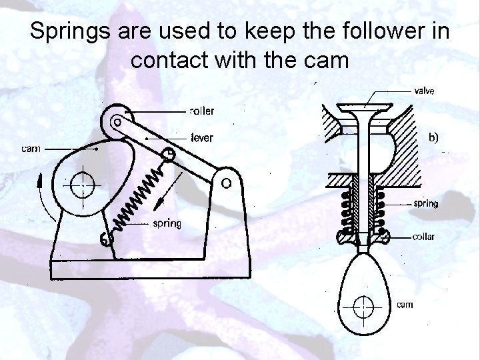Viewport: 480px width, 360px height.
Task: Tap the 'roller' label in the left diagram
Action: pos(202,111)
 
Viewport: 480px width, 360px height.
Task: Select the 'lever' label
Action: pos(201,137)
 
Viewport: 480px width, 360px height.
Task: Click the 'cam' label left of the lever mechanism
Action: pos(29,149)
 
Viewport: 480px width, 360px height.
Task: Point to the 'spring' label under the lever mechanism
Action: pos(165,223)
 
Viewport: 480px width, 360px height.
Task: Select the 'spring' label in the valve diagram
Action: pos(426,203)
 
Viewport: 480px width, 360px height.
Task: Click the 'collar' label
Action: pos(426,236)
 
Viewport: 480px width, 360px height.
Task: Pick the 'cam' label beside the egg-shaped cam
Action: pos(404,305)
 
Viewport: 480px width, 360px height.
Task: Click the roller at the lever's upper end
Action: pos(117,121)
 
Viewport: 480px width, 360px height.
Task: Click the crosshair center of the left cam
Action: pos(82,181)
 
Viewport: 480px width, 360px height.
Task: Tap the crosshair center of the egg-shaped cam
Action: pos(363,307)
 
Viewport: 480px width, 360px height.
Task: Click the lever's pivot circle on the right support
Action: pos(227,181)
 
